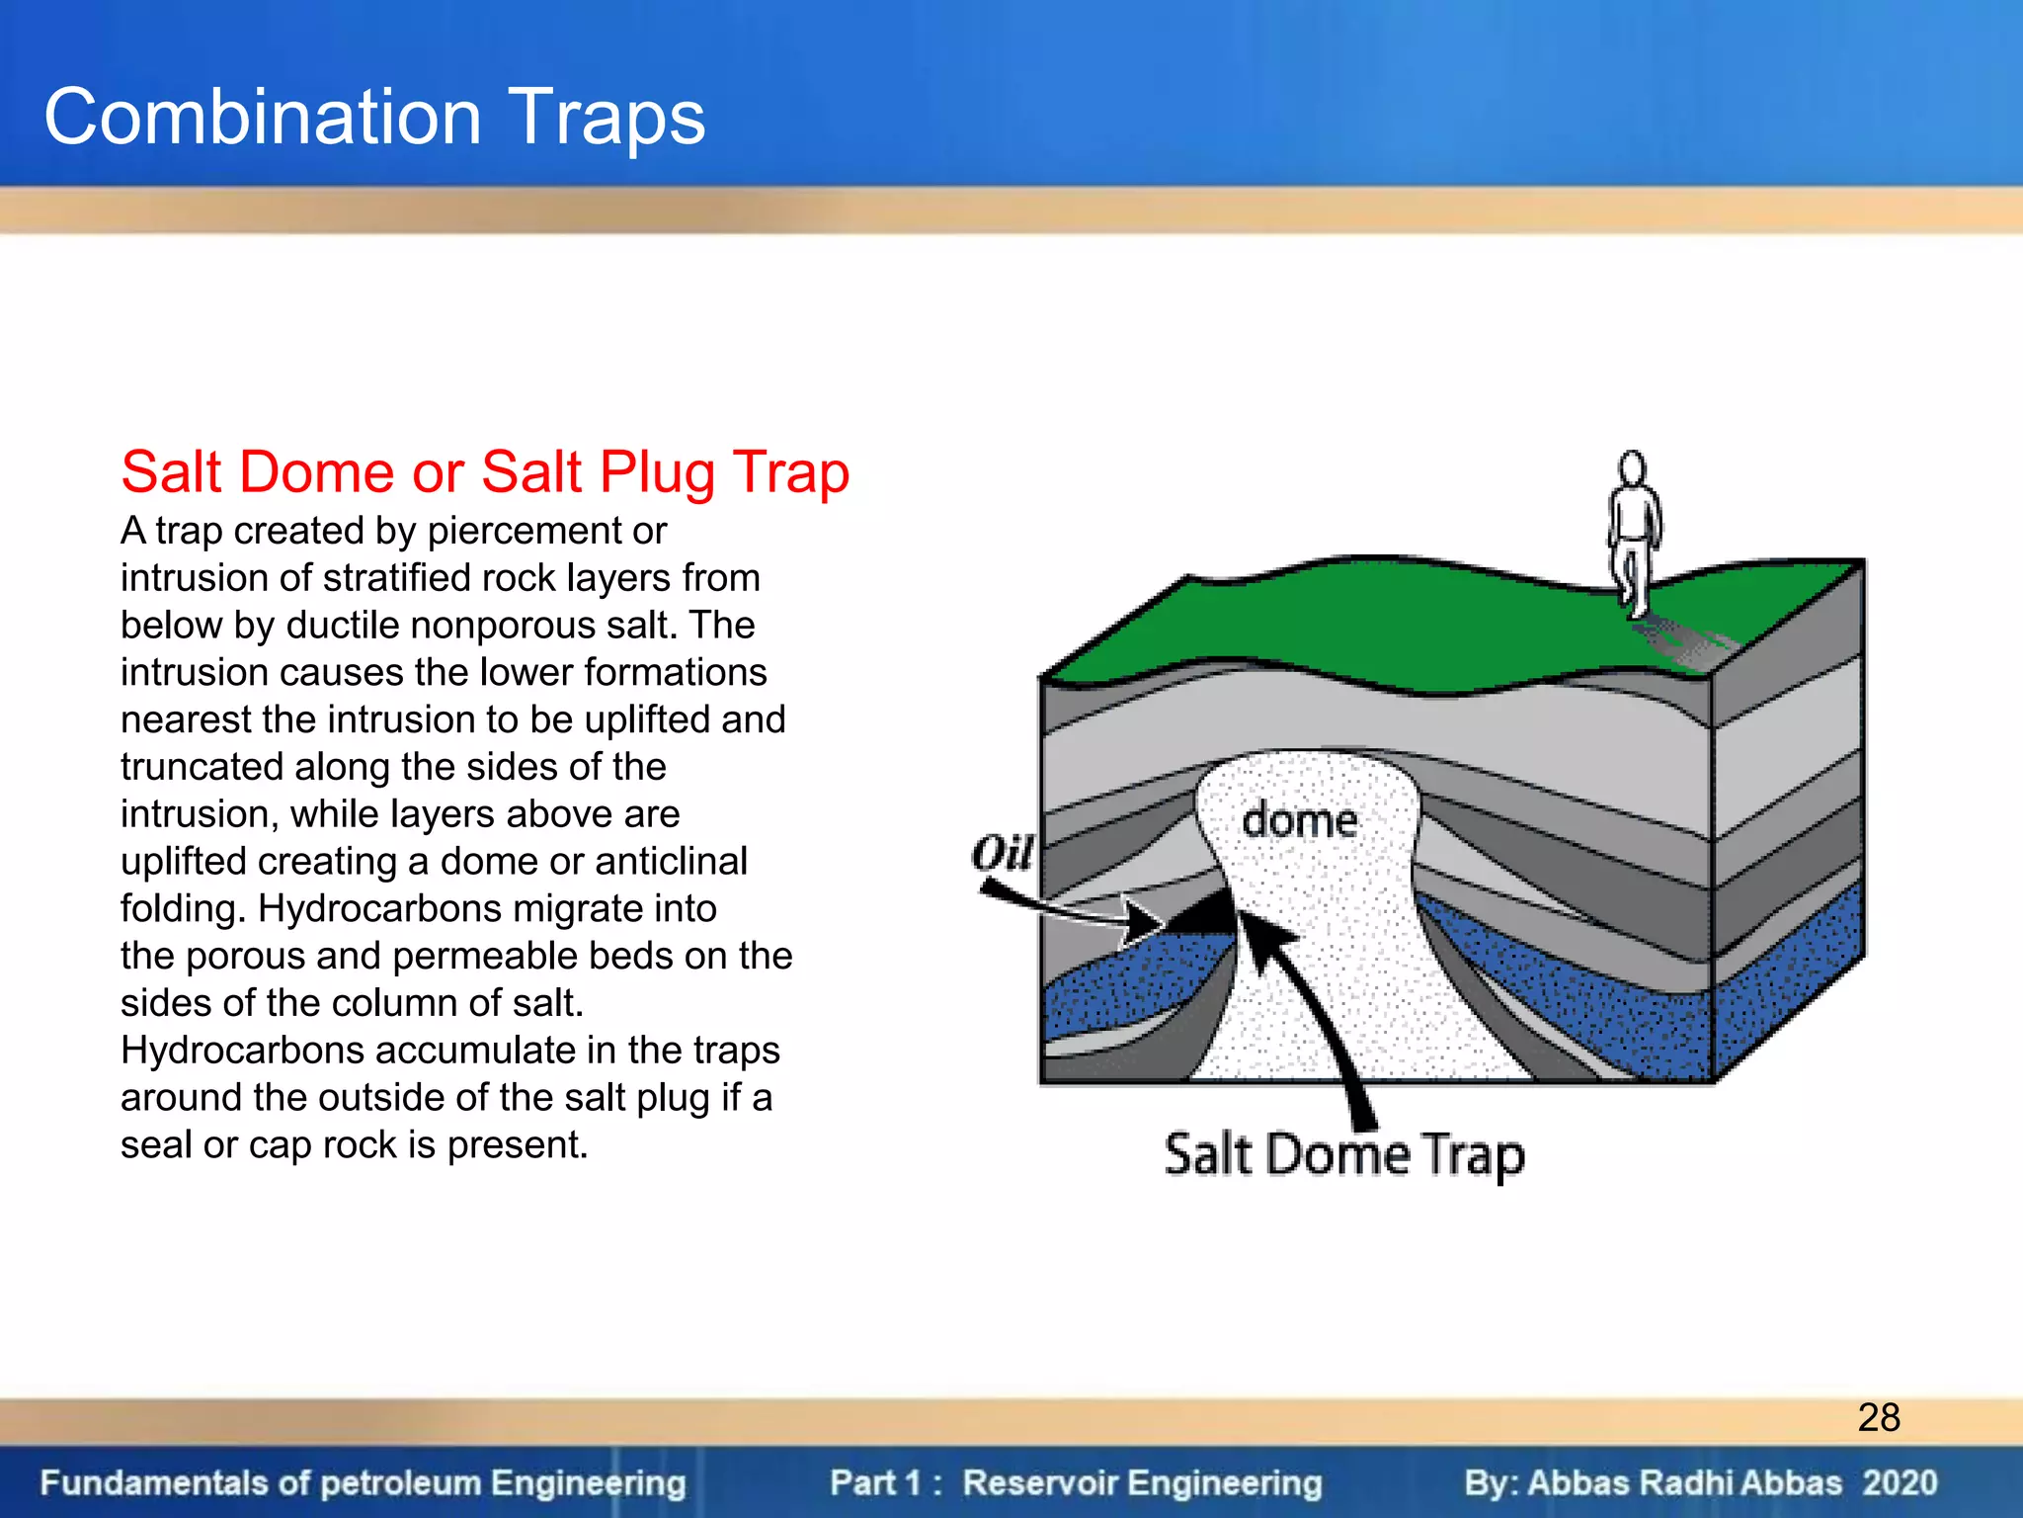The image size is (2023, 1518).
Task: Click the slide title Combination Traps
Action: pyautogui.click(x=374, y=118)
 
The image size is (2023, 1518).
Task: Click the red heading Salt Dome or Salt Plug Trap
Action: pyautogui.click(x=484, y=471)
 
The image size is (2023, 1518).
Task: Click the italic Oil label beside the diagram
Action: pyautogui.click(x=1002, y=852)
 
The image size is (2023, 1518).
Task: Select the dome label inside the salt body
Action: pyautogui.click(x=1298, y=820)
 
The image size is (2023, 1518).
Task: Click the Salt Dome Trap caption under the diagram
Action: pyautogui.click(x=1343, y=1154)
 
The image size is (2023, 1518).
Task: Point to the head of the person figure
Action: pyautogui.click(x=1632, y=467)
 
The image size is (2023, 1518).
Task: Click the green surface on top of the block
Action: pyautogui.click(x=1383, y=623)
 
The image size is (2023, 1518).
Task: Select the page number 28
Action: pyautogui.click(x=1878, y=1417)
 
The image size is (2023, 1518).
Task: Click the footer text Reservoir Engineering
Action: pyautogui.click(x=1142, y=1482)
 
